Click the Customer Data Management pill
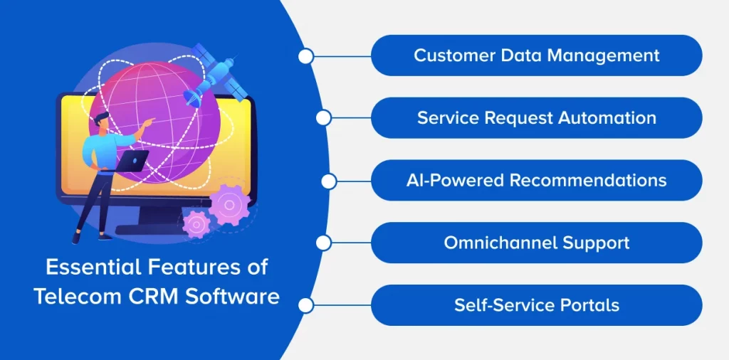536,55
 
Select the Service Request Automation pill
536,118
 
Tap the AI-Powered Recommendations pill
536,180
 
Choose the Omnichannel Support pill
536,243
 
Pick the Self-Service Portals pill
536,305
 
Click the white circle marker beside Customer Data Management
306,56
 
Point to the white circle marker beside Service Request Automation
323,118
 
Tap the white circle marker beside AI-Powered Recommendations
328,181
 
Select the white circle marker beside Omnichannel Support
323,243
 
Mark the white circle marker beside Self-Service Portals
306,305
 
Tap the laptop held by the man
132,161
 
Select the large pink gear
228,205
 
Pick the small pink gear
195,224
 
